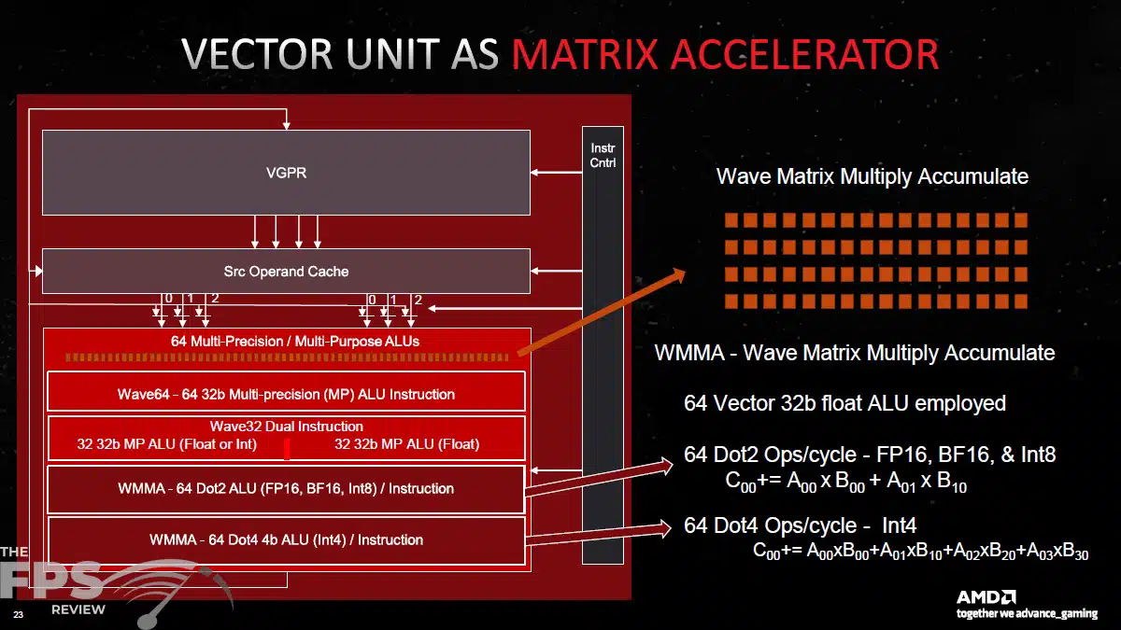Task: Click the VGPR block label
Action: (x=286, y=173)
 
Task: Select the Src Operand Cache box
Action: (x=286, y=271)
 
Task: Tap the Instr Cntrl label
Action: (x=603, y=156)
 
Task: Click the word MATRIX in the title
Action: (x=585, y=54)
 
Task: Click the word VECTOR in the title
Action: (x=257, y=54)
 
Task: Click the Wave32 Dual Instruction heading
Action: (x=286, y=427)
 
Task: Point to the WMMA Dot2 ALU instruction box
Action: (x=286, y=489)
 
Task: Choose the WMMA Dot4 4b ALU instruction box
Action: (x=286, y=541)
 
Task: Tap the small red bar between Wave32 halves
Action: (x=287, y=449)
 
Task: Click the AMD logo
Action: (x=986, y=597)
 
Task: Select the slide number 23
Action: (x=18, y=614)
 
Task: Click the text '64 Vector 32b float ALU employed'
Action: (x=844, y=403)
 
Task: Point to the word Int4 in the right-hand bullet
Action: (x=900, y=525)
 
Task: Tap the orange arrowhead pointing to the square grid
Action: (x=680, y=275)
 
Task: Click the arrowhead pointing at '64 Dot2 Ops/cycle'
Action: (x=668, y=466)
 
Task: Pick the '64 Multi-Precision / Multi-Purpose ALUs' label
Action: (x=295, y=342)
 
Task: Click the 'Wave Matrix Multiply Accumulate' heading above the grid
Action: (x=873, y=176)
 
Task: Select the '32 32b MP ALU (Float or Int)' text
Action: (x=166, y=444)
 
